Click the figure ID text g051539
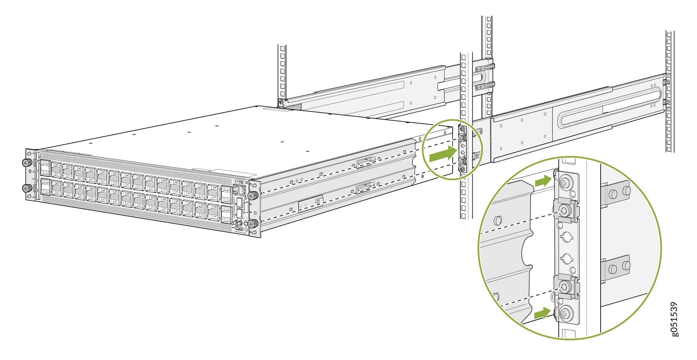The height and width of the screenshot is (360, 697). (674, 319)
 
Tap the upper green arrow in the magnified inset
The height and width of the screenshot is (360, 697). (543, 181)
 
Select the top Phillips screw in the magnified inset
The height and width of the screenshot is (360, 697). (566, 182)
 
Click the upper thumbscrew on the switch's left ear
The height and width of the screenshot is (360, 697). (27, 163)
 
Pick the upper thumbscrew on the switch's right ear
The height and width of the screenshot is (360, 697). (252, 195)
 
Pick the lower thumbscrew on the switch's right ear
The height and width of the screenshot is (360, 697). (252, 223)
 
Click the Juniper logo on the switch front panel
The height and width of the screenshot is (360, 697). (239, 181)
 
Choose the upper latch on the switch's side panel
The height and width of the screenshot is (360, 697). (364, 163)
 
